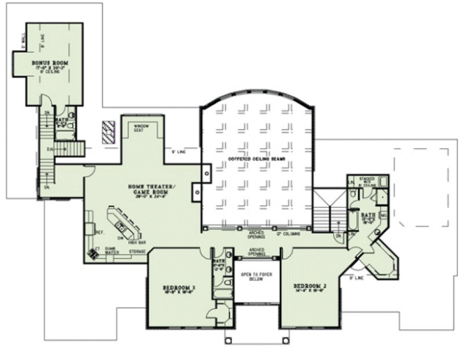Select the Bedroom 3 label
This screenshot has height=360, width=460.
178,287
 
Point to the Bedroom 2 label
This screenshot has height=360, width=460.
309,286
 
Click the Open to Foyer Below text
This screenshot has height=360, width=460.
252,278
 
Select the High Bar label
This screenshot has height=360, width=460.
135,242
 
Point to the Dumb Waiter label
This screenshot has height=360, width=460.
109,250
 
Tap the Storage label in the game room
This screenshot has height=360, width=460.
137,251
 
